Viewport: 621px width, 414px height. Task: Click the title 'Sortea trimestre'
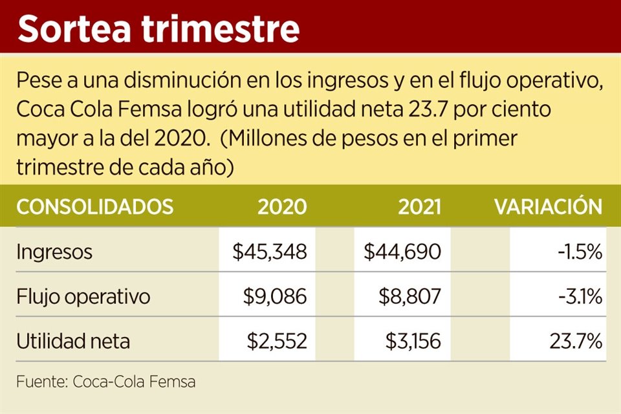tap(158, 29)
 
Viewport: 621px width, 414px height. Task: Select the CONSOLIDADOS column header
tap(94, 207)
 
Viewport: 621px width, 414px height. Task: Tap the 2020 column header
tap(282, 207)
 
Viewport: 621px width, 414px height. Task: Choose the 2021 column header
tap(420, 207)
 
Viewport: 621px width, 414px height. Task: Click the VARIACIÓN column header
tap(549, 207)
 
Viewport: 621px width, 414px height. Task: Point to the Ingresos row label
tap(54, 252)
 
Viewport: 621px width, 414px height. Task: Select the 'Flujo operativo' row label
tap(83, 297)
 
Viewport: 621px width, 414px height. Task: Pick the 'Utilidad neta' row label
tap(73, 341)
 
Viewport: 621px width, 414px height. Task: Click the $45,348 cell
tap(270, 252)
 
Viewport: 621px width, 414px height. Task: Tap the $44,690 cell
tap(402, 252)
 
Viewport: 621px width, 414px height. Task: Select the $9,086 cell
tap(276, 297)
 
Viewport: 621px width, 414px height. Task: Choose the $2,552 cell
tap(276, 341)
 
